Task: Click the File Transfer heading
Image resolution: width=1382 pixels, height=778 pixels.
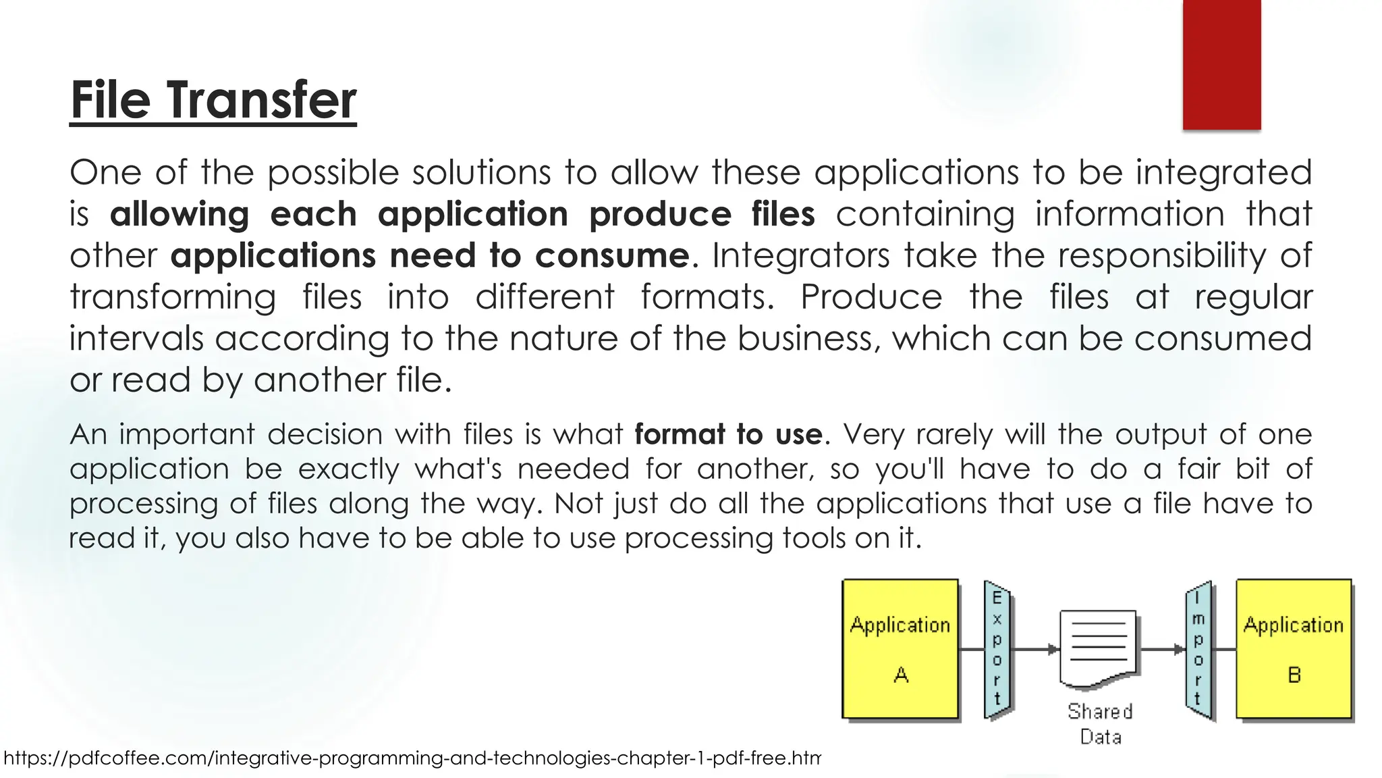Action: tap(213, 100)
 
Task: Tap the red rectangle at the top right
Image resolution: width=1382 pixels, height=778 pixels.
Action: tap(1221, 64)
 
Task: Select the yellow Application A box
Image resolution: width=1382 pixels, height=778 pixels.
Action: tap(900, 648)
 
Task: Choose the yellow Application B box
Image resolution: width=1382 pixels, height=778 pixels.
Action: tap(1294, 648)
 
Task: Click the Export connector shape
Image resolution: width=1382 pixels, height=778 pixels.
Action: tap(997, 648)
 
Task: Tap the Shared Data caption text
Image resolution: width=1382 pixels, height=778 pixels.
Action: tap(1100, 723)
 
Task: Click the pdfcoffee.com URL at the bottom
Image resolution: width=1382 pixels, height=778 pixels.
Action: tap(412, 758)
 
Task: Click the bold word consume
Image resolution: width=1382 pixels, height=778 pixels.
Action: tap(612, 256)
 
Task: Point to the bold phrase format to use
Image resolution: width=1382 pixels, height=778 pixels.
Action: tap(728, 434)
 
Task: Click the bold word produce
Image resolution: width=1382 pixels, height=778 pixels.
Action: tap(660, 215)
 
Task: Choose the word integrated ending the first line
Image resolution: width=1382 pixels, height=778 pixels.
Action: tap(1223, 173)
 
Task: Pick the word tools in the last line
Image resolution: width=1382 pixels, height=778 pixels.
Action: tap(812, 538)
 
